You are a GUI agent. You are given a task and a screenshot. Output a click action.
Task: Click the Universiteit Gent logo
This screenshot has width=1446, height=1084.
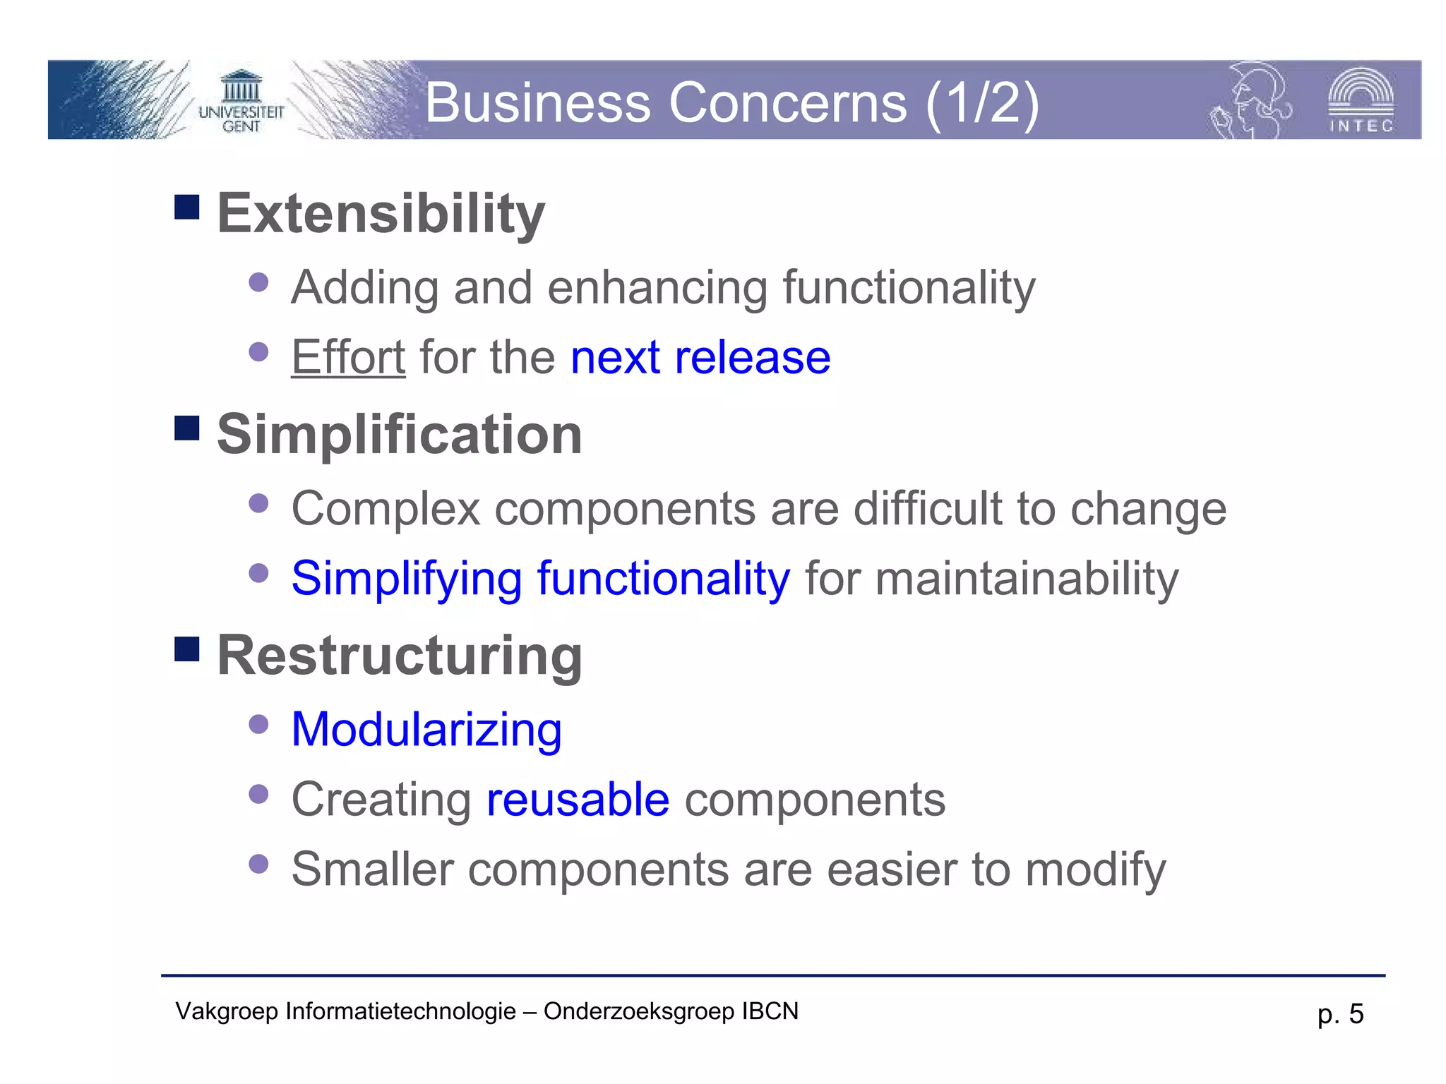[241, 102]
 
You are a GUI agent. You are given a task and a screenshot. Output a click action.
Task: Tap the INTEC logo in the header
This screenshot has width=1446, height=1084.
[1361, 100]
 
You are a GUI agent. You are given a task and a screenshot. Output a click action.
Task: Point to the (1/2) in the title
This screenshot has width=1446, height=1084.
[982, 103]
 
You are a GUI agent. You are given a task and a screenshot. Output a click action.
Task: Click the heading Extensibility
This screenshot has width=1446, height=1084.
[381, 213]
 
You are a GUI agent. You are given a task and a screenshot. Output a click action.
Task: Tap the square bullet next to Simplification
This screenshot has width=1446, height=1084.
[187, 428]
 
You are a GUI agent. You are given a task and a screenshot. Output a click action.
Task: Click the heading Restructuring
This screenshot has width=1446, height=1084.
[400, 656]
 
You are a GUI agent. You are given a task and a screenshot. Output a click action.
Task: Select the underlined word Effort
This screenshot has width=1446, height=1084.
[348, 357]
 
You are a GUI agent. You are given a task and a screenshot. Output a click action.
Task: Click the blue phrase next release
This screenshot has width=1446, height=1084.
[700, 357]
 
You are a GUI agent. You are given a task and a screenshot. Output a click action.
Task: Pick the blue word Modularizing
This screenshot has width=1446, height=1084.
[426, 729]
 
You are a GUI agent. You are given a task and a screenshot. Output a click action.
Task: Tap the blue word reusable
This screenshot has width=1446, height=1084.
[578, 800]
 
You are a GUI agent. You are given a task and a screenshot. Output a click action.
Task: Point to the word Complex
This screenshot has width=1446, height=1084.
[386, 509]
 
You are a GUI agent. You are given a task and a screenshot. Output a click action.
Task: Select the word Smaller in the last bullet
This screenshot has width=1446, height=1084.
[372, 869]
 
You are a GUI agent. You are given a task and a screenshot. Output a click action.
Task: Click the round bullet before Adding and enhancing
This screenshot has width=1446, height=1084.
[259, 282]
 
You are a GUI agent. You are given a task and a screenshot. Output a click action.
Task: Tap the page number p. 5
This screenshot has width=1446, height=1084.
[1339, 1014]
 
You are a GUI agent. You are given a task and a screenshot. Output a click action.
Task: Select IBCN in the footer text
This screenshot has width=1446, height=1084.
[770, 1011]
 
